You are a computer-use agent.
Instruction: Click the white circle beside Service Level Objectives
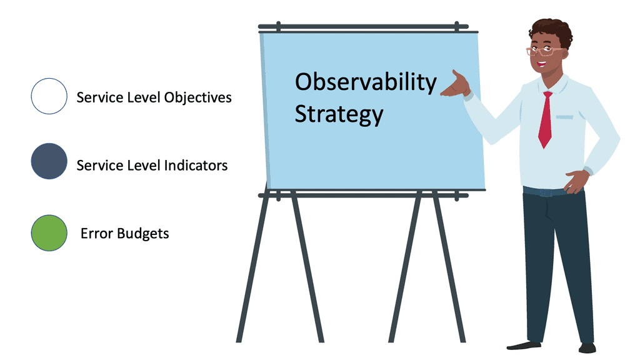point(49,96)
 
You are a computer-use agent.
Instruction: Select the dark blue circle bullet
point(49,161)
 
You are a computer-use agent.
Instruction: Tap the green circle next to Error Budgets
point(49,233)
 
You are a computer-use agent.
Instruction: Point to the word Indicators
point(196,165)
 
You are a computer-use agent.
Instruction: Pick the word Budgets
point(143,234)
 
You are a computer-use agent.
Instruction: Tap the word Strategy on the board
point(339,114)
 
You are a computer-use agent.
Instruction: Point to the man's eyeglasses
point(544,51)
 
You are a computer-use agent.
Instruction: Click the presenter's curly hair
point(552,31)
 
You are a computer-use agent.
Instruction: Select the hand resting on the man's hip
point(576,181)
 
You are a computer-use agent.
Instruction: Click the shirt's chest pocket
point(564,117)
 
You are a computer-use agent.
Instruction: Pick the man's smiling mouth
point(541,64)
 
